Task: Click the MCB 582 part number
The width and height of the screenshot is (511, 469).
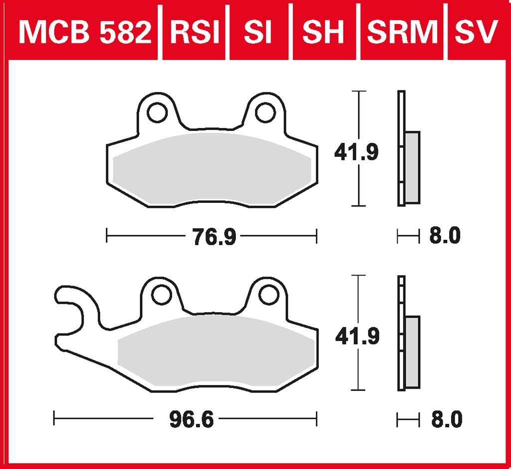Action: [x=85, y=31]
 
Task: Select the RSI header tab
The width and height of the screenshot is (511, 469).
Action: [x=195, y=31]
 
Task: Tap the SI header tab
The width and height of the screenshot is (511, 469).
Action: [x=258, y=31]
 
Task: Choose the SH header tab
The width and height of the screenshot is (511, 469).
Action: [x=323, y=31]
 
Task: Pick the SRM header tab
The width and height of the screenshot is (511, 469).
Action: [x=402, y=31]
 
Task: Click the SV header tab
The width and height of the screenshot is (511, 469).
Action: [x=477, y=31]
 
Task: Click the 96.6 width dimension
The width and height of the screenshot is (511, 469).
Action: [x=192, y=419]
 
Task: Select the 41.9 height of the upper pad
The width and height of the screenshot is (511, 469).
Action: [x=356, y=152]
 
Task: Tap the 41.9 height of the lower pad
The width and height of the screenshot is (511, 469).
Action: [x=357, y=336]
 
